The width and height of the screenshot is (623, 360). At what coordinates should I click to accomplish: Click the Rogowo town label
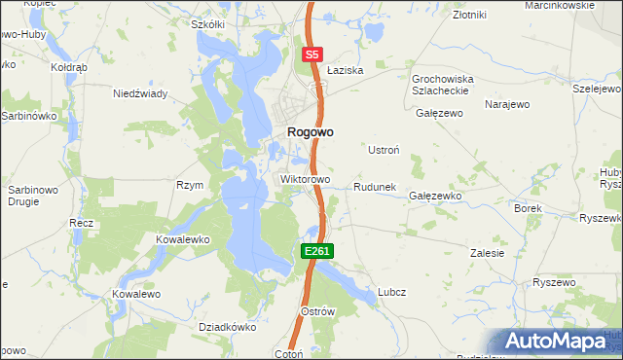point(311,135)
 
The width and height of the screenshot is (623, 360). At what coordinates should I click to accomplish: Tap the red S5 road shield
point(312,55)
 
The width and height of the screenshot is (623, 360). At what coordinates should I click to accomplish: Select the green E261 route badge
point(317,251)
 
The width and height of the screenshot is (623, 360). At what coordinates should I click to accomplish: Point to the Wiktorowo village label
point(306,180)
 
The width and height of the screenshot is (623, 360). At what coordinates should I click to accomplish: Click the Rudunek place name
point(374,187)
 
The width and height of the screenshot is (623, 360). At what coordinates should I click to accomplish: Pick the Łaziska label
point(345,71)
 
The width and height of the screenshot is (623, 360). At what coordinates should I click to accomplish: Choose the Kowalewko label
point(183,238)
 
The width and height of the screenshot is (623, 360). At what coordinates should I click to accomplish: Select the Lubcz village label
point(391,292)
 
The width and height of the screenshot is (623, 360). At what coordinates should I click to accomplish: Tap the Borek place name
point(527,208)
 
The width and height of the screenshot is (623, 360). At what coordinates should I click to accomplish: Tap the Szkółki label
point(208,24)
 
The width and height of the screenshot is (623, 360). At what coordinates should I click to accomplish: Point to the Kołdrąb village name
point(69,69)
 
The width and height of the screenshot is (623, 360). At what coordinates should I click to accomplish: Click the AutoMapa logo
point(558,341)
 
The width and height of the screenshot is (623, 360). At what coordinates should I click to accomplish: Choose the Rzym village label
point(189,185)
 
